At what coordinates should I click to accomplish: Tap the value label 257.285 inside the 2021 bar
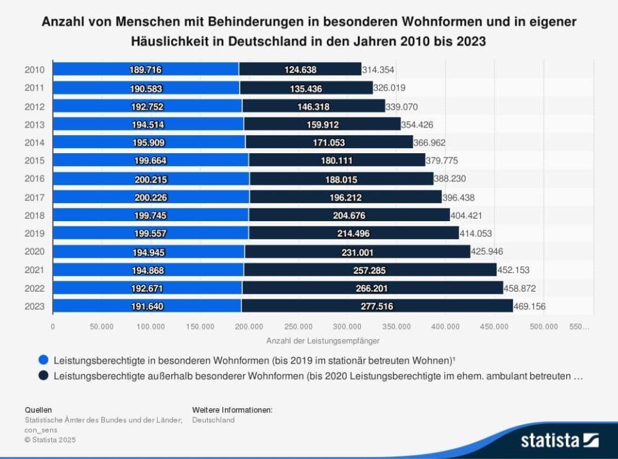coord(369,271)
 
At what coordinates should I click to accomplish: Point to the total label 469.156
coord(530,306)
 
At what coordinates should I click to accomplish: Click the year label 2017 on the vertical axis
coord(35,197)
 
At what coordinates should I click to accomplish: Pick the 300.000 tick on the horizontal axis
coord(347,326)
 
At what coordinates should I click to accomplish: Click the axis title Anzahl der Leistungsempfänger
coord(322,340)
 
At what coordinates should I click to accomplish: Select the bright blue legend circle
coord(44,360)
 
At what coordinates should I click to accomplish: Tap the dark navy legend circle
coord(44,376)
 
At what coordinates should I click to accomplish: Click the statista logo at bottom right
coord(559,440)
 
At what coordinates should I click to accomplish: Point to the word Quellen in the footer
coord(38,410)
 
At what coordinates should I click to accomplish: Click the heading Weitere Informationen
coord(232,410)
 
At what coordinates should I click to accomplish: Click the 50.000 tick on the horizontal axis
coord(101,326)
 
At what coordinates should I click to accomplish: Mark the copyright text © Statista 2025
coord(49,440)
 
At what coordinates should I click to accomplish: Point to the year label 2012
coord(35,106)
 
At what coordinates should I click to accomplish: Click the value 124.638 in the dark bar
coord(300,70)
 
